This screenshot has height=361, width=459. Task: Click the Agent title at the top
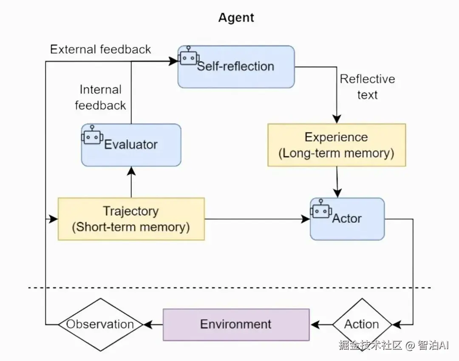(x=236, y=18)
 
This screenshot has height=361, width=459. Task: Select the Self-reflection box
(x=236, y=67)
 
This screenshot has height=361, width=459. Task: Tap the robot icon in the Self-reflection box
(x=188, y=56)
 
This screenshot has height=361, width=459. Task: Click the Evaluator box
(x=131, y=145)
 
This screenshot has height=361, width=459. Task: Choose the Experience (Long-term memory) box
(x=337, y=145)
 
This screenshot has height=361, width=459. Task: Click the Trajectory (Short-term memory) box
(x=131, y=219)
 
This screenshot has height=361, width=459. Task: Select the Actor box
(x=347, y=219)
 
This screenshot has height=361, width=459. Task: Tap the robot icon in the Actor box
(x=321, y=209)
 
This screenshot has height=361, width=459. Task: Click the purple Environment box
(x=236, y=324)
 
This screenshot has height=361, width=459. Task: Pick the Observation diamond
(x=100, y=324)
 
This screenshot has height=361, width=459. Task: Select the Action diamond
(x=361, y=324)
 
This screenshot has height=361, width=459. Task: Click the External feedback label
(x=100, y=49)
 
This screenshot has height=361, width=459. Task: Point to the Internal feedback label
(x=101, y=97)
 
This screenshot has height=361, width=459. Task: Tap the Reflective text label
(x=367, y=87)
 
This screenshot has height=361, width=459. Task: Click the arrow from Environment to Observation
(x=153, y=325)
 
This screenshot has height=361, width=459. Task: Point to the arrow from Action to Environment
(x=321, y=325)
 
